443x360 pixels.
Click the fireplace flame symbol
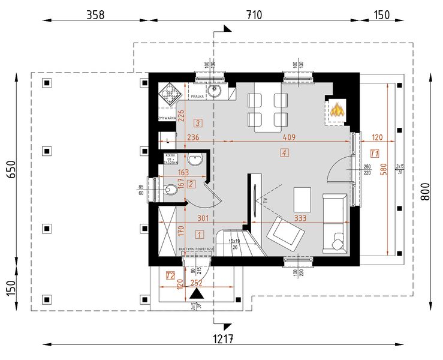[x=337, y=110]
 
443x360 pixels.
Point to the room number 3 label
[x=198, y=123]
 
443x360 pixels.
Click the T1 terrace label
[x=375, y=154]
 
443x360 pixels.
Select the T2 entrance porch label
[x=170, y=276]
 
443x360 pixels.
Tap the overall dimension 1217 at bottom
[x=224, y=338]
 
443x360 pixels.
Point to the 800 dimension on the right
[x=426, y=190]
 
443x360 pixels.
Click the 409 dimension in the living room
[x=288, y=137]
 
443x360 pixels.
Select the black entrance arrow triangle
[x=195, y=293]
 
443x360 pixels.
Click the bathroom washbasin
[x=195, y=161]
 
